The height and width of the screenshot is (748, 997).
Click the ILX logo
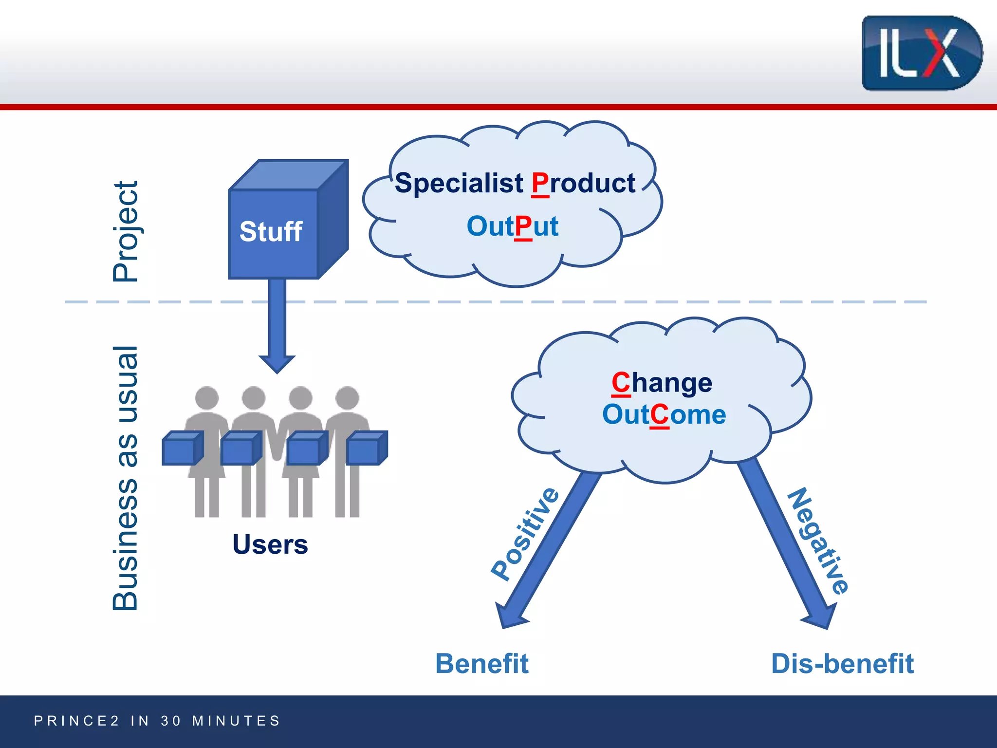click(x=921, y=53)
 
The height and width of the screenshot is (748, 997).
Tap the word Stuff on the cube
click(x=271, y=231)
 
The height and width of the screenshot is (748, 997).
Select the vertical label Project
click(x=126, y=232)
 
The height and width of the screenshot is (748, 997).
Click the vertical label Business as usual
click(x=126, y=478)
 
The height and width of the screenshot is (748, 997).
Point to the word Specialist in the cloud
click(x=459, y=184)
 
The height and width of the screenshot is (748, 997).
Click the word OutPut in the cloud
click(x=512, y=226)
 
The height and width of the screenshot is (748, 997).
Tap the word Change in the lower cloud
click(x=662, y=383)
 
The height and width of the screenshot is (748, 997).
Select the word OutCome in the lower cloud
click(x=664, y=415)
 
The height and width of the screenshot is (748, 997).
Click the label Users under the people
click(x=270, y=544)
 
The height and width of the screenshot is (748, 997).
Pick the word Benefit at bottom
click(x=481, y=664)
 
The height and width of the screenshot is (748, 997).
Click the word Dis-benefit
click(x=842, y=664)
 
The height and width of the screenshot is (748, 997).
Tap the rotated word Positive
click(x=525, y=534)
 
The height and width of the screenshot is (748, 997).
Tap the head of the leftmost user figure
click(x=207, y=398)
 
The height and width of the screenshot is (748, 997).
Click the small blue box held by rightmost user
click(x=366, y=448)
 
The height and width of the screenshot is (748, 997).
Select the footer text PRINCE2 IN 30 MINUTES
click(x=157, y=721)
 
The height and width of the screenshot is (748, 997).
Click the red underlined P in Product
click(x=540, y=184)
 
